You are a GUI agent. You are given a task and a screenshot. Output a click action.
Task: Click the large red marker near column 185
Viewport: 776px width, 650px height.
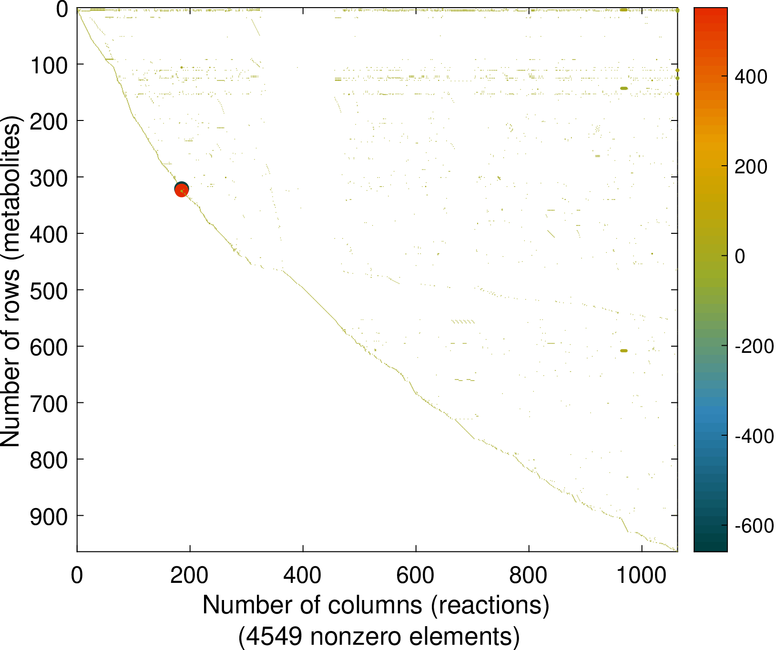pos(182,191)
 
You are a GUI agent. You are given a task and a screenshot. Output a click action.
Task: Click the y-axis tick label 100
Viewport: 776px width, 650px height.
pos(49,65)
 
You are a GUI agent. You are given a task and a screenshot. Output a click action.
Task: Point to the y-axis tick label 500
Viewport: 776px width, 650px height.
pos(49,290)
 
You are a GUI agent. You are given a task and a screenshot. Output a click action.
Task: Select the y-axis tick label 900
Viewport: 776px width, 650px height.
pos(49,516)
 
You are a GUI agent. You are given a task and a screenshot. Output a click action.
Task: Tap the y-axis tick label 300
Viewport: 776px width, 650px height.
pos(49,178)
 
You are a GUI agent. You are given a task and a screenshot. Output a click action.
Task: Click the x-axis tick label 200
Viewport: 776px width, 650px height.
pos(190,576)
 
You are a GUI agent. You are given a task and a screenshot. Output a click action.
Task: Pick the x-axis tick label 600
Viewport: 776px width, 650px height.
pos(416,576)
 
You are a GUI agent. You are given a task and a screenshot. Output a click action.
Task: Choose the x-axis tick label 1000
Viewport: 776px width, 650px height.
pos(642,576)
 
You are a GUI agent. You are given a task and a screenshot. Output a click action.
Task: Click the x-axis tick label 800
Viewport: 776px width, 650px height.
pos(528,576)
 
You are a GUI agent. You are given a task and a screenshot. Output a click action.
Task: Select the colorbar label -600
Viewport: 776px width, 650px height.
pos(754,526)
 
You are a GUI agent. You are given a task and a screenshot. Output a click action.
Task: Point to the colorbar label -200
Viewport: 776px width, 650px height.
pos(754,346)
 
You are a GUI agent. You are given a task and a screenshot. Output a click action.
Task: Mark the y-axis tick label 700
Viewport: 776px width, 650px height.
pos(49,403)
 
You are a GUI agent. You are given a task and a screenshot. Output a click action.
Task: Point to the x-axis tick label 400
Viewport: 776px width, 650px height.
pos(303,576)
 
